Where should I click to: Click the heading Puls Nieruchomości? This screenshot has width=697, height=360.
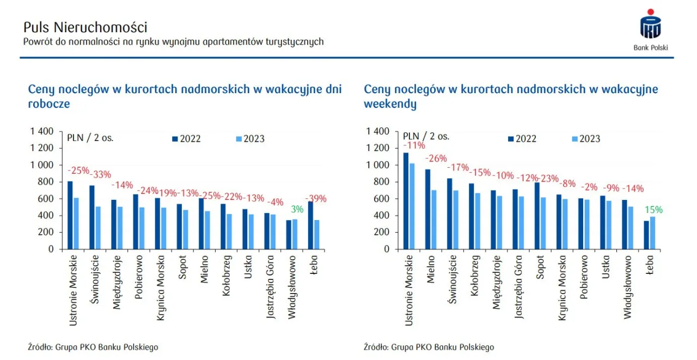point(85,27)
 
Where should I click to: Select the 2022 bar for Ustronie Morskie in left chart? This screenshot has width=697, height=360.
point(70,215)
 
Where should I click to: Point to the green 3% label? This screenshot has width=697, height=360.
point(297,209)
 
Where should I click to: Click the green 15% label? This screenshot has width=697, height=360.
point(653,210)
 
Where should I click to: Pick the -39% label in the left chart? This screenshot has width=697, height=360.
point(315,199)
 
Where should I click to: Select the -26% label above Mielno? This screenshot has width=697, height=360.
point(436,158)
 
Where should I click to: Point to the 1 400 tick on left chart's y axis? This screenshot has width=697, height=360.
point(42,131)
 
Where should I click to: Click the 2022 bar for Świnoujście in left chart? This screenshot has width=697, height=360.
point(92,217)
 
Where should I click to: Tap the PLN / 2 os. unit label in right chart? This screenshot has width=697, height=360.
point(426,137)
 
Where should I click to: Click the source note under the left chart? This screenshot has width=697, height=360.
point(93,347)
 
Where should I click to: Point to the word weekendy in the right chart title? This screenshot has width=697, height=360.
point(390,104)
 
